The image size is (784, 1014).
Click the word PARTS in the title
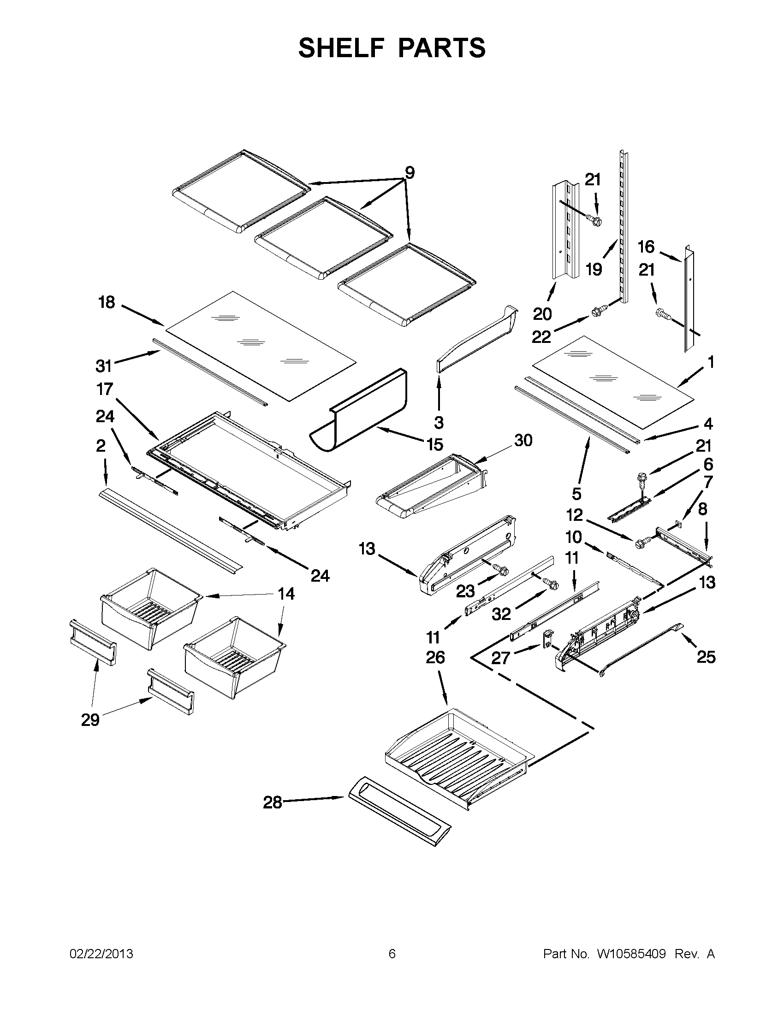(442, 48)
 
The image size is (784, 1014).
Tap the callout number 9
(409, 173)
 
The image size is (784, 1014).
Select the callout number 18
(107, 302)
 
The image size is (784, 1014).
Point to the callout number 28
(273, 802)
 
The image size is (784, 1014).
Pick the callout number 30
(523, 440)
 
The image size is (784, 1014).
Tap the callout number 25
(706, 657)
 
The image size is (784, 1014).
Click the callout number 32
(501, 614)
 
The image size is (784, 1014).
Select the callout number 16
(646, 247)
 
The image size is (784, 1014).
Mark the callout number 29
(90, 720)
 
